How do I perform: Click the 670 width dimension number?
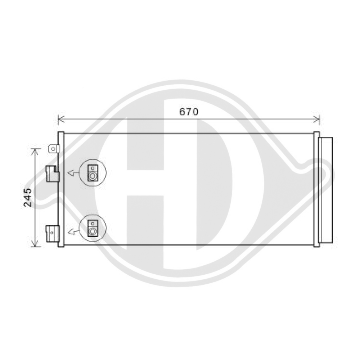click(x=189, y=112)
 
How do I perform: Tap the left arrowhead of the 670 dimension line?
click(x=59, y=119)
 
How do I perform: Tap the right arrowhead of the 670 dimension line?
click(x=318, y=119)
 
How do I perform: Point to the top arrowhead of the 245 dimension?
click(x=35, y=152)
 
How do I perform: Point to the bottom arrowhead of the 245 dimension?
click(x=35, y=244)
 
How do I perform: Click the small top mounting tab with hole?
click(x=53, y=149)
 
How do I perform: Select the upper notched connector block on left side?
click(x=53, y=174)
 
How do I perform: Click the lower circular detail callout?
click(x=93, y=228)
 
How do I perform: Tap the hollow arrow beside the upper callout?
click(x=72, y=174)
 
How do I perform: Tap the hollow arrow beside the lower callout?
click(x=72, y=231)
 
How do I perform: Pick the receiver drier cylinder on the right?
click(x=325, y=190)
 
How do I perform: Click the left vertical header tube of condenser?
click(x=61, y=189)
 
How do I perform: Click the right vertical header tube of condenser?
click(x=316, y=189)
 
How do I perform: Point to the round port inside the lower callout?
click(x=93, y=231)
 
